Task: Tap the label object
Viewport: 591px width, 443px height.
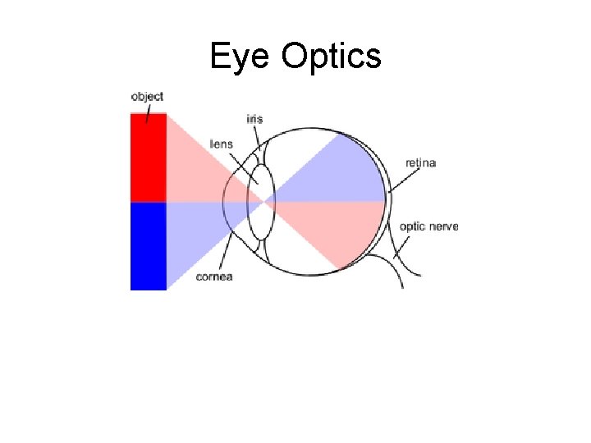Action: click(x=148, y=97)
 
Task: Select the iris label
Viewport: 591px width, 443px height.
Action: click(x=254, y=119)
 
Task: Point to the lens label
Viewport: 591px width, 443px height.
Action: click(x=222, y=144)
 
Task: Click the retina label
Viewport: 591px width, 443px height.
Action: click(x=421, y=162)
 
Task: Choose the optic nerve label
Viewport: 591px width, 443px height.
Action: click(x=428, y=226)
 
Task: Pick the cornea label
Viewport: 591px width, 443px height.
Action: click(x=214, y=276)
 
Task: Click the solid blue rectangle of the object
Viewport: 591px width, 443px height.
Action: click(x=149, y=246)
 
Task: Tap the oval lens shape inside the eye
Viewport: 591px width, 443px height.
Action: click(x=261, y=202)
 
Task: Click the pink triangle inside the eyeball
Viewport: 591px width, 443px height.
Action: click(x=345, y=230)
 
